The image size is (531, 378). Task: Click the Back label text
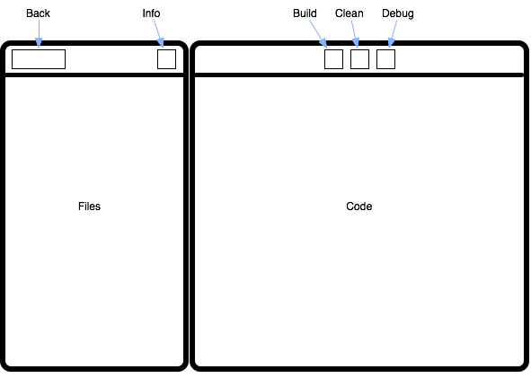tap(38, 13)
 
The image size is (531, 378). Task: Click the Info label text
tap(151, 13)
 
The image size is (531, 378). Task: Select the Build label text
tap(305, 13)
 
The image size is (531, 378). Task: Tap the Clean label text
tap(350, 13)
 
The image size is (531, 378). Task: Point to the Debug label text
tap(398, 13)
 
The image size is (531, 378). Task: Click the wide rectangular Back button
tap(39, 59)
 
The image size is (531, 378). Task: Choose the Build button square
tap(333, 59)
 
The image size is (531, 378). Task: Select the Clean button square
tap(359, 59)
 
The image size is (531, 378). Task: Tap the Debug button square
tap(385, 59)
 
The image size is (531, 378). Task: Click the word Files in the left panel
tap(90, 207)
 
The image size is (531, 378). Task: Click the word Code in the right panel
tap(359, 207)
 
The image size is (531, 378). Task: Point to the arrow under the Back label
tap(39, 33)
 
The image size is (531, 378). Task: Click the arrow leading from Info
tap(159, 34)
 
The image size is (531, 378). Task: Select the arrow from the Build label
tap(318, 34)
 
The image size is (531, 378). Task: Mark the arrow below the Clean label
tap(355, 34)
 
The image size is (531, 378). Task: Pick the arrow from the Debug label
tap(393, 34)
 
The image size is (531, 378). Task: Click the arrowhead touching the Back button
tap(39, 43)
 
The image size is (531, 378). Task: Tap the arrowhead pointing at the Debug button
tap(391, 43)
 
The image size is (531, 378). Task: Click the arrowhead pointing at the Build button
tap(324, 43)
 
